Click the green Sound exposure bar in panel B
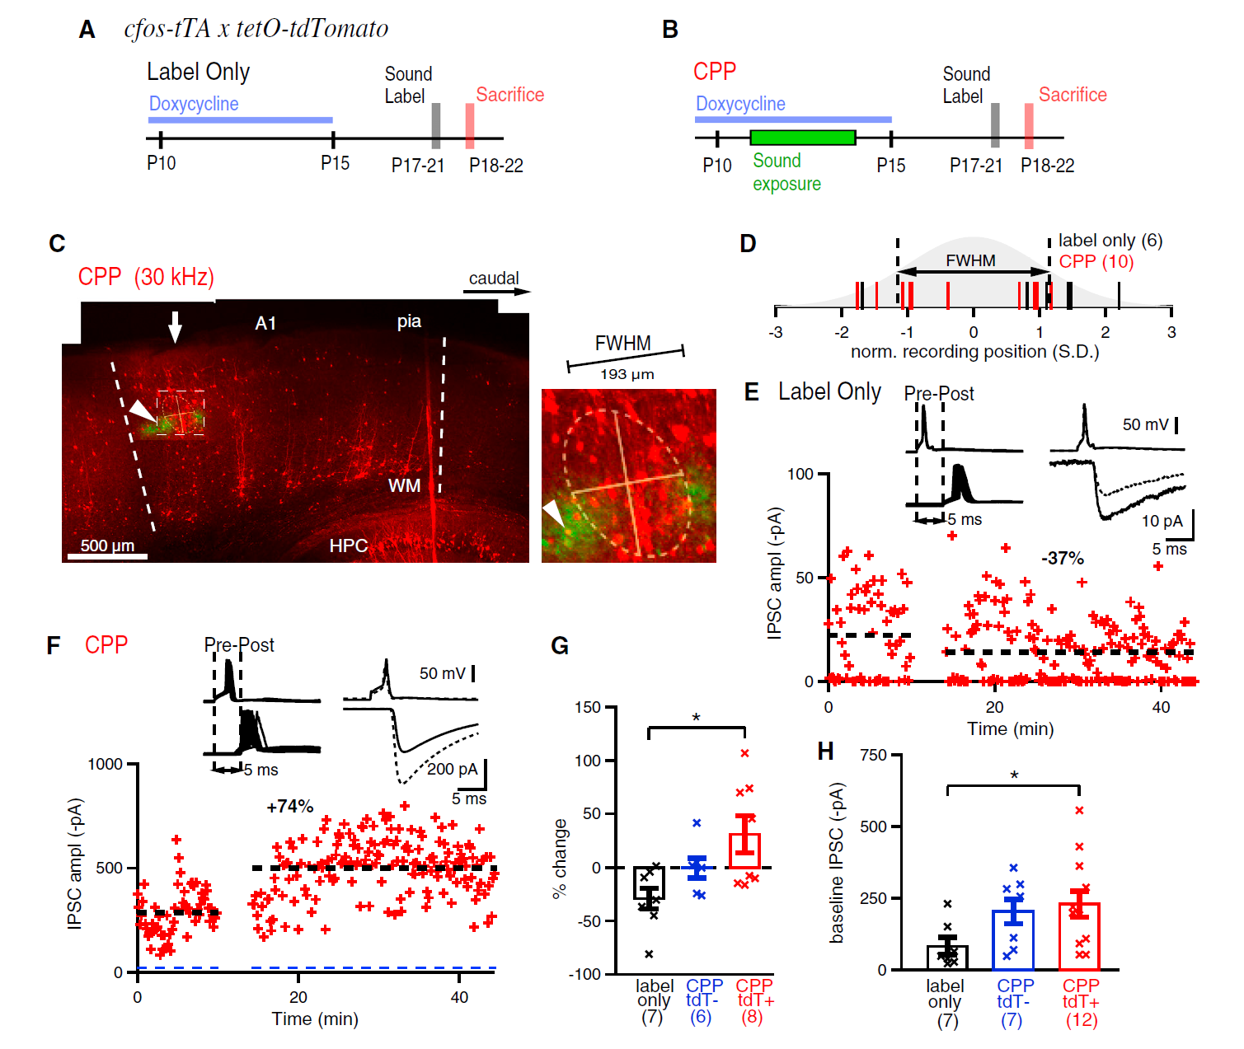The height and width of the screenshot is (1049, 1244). click(x=802, y=138)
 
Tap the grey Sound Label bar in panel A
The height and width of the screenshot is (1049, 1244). click(x=436, y=125)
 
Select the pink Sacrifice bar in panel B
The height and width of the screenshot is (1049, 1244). click(x=1029, y=125)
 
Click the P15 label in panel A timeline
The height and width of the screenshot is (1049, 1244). click(x=335, y=163)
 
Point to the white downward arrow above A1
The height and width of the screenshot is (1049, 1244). click(x=175, y=326)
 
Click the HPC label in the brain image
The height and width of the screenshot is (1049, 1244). click(x=348, y=546)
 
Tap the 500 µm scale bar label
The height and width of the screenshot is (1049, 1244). click(x=107, y=546)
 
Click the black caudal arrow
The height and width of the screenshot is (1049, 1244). click(x=499, y=291)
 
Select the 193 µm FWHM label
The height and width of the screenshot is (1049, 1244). click(x=627, y=374)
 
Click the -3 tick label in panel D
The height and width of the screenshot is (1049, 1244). click(x=775, y=333)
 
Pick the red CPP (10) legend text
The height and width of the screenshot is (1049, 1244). click(x=1096, y=262)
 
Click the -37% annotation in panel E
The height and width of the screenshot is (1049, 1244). click(x=1062, y=559)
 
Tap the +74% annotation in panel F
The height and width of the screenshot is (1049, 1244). click(x=289, y=807)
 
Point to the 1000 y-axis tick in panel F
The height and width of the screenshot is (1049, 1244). click(x=105, y=764)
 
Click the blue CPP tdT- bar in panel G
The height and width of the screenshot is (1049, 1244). click(x=697, y=867)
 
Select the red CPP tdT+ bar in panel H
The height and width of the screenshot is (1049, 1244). click(x=1079, y=936)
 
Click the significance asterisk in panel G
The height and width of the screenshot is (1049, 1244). click(x=697, y=718)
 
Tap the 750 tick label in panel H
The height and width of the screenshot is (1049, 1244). click(x=873, y=755)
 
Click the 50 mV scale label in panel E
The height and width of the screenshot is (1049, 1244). click(x=1145, y=424)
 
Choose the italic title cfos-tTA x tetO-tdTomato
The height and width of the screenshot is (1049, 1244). click(x=256, y=29)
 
